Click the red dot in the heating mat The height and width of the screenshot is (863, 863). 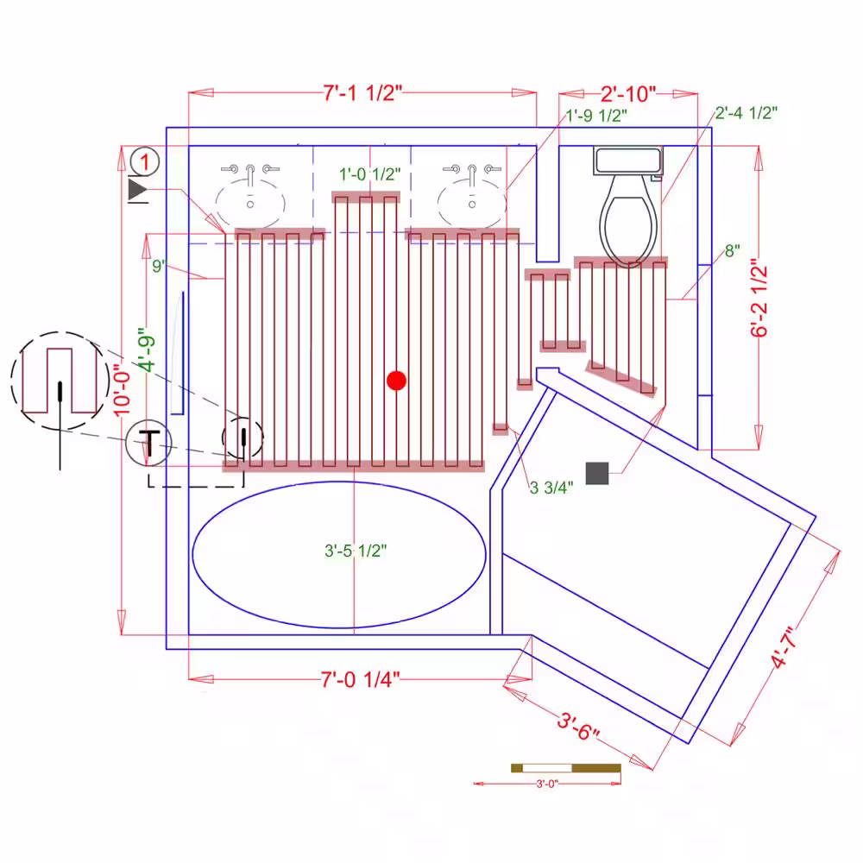(x=396, y=381)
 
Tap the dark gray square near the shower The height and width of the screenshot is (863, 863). (x=596, y=473)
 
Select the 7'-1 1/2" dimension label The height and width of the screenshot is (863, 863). (x=362, y=93)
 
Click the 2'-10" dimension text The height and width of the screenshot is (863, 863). (x=628, y=94)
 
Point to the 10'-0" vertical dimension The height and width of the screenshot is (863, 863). (x=123, y=390)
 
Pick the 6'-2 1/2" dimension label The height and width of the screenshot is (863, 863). (x=759, y=298)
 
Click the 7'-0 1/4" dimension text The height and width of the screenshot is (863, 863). (x=360, y=679)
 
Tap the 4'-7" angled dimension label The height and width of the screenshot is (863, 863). (x=784, y=648)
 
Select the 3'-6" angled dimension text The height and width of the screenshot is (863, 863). (x=578, y=727)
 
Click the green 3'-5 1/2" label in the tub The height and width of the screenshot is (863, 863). (x=356, y=551)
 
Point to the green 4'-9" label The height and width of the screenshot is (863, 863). (x=147, y=350)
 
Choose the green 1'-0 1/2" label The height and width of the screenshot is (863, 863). (x=369, y=174)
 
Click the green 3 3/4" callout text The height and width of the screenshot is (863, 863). (x=551, y=487)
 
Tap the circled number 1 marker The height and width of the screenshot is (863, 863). (x=145, y=162)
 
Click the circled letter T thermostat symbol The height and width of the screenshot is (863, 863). (x=148, y=443)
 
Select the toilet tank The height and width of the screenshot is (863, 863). (x=628, y=161)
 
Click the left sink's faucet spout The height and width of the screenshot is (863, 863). (x=250, y=174)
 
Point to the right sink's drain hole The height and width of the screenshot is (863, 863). (x=472, y=205)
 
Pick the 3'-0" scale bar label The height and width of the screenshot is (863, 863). (x=546, y=784)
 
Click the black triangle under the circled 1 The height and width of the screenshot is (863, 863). (x=137, y=189)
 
